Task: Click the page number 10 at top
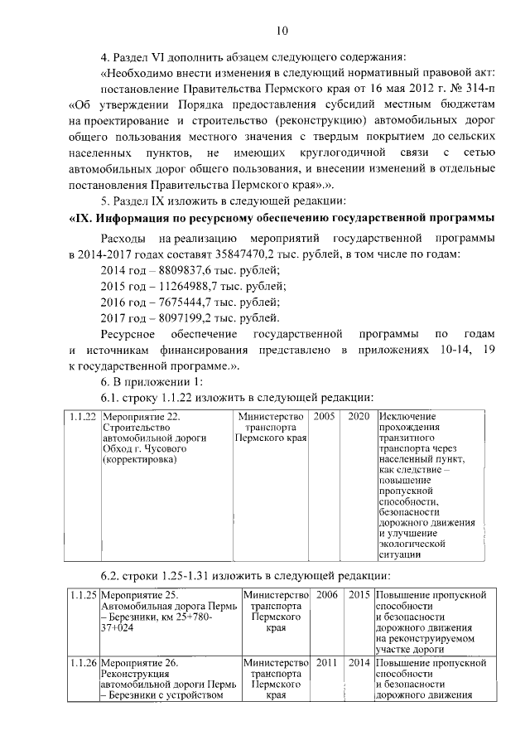tap(282, 31)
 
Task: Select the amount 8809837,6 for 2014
tap(181, 270)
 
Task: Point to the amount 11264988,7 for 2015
tap(184, 286)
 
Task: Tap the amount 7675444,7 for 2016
tap(181, 302)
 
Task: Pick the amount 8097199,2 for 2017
tap(181, 317)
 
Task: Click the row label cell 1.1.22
tap(83, 416)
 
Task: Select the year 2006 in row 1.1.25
tap(327, 595)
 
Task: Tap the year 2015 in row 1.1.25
tap(359, 595)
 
